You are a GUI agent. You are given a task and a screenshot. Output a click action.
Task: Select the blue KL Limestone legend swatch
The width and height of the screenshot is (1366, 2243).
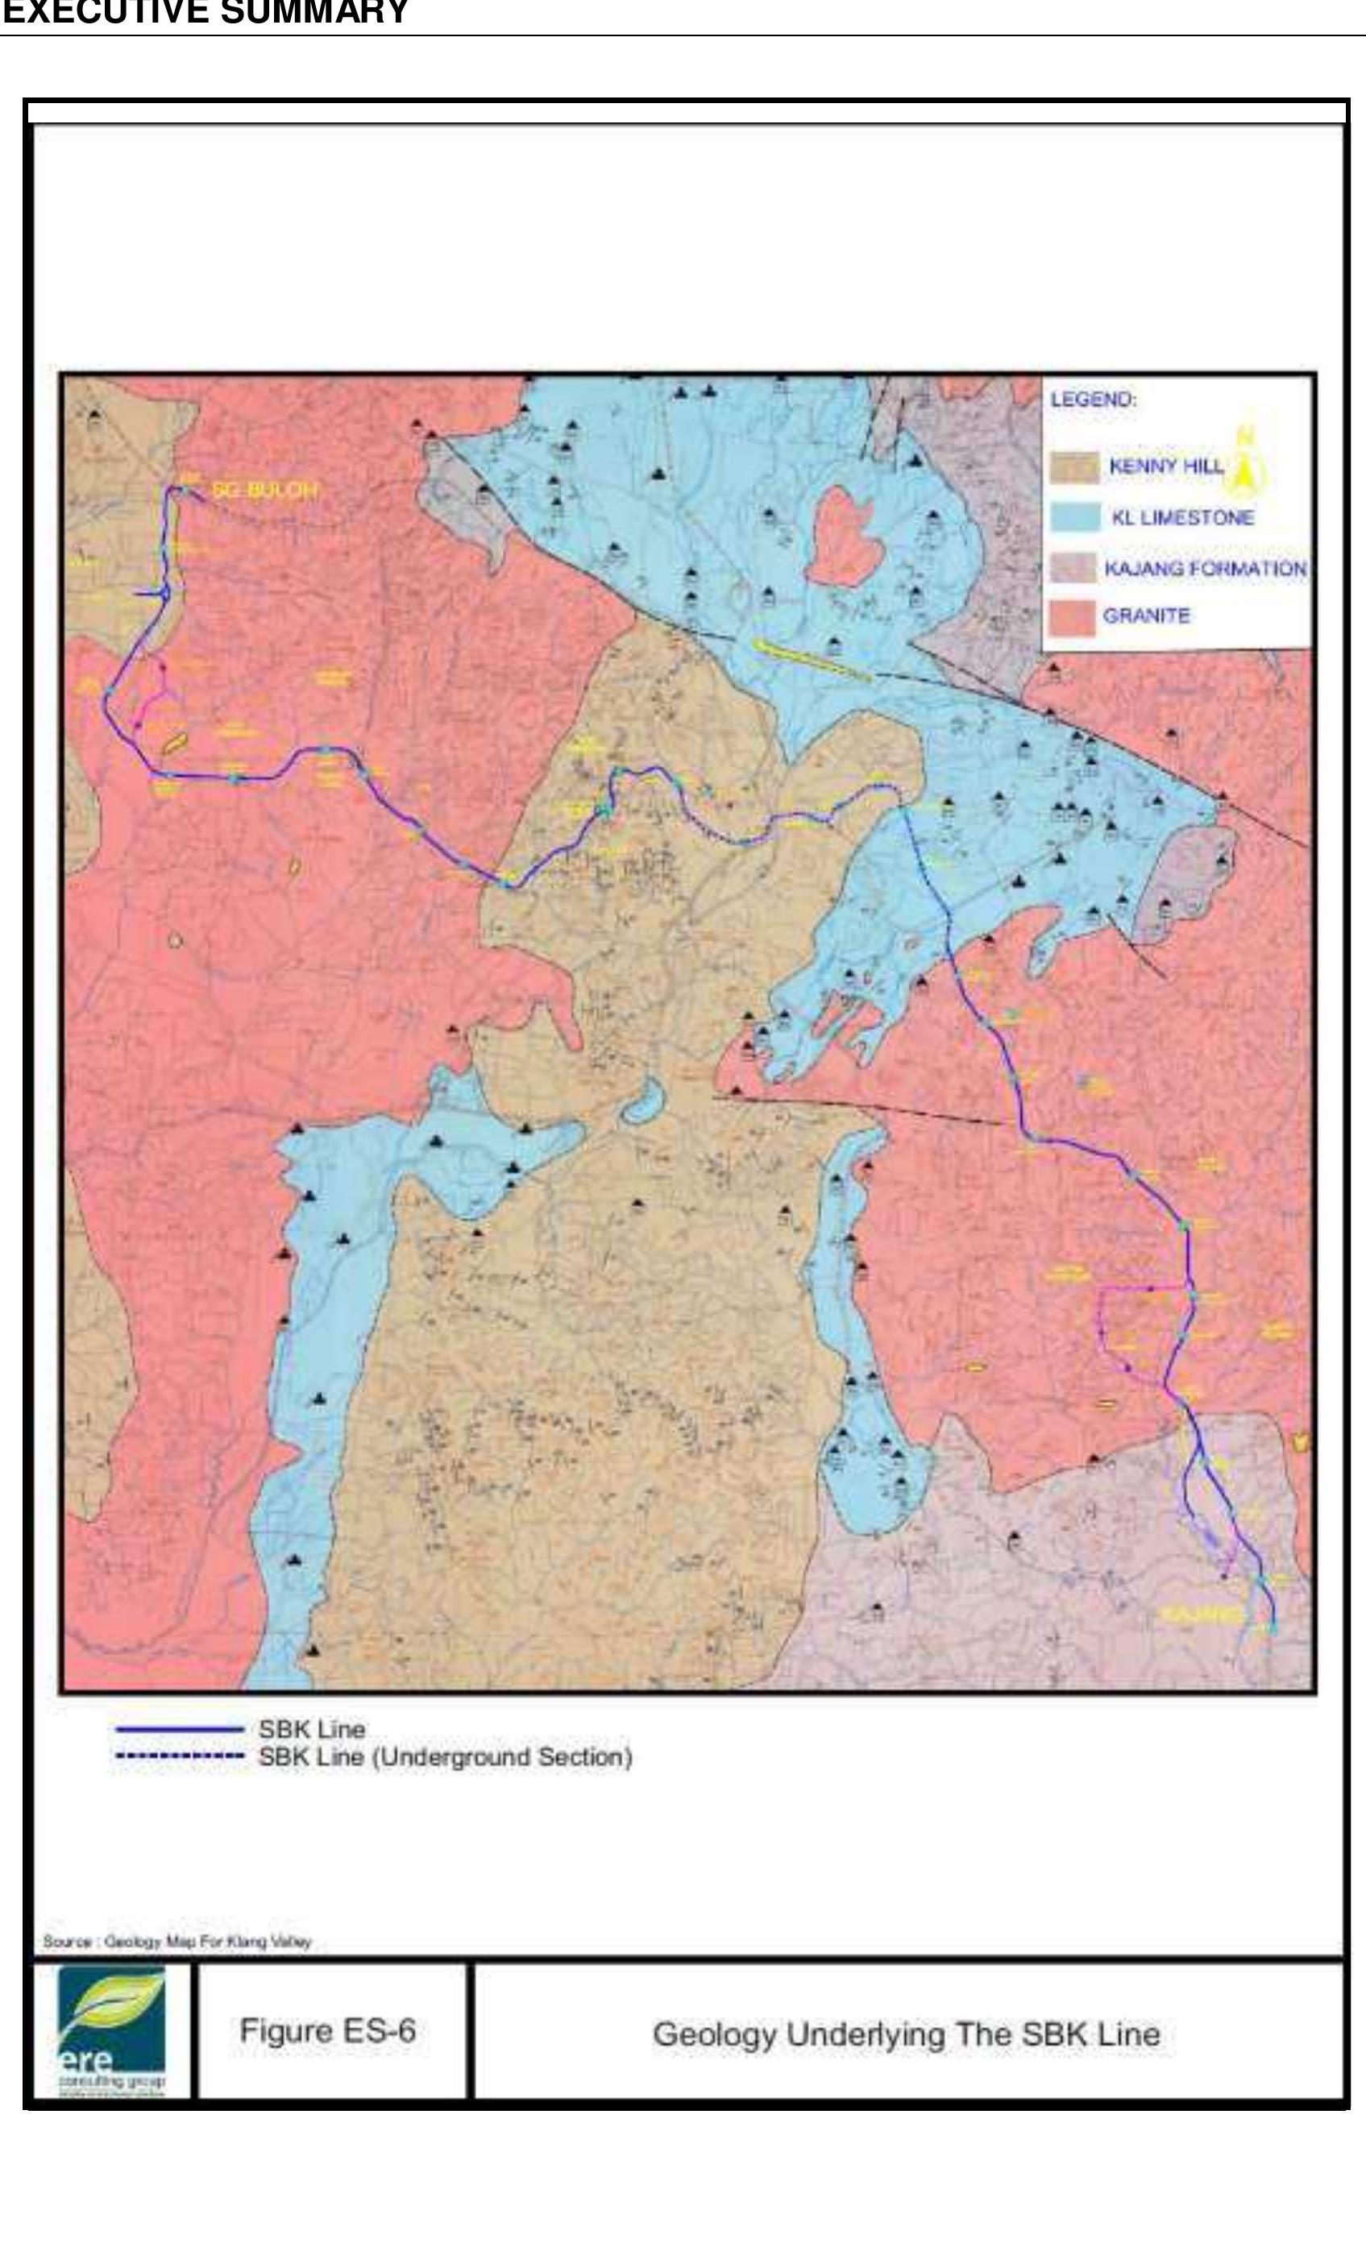coord(1074,517)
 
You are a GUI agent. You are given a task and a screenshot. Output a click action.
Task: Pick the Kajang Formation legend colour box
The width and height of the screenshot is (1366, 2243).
coord(1073,568)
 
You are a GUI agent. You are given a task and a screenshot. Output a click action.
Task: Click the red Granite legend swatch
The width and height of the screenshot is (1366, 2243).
coord(1072,616)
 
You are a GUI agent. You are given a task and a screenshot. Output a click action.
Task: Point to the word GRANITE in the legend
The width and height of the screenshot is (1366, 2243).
coord(1146,616)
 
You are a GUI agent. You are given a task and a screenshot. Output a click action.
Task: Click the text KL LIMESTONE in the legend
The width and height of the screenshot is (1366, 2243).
coord(1182,517)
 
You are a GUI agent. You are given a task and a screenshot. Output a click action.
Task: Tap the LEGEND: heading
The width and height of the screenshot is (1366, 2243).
coord(1093,400)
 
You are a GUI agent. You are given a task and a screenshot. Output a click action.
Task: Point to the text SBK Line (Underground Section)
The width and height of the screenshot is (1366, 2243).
coord(444,1757)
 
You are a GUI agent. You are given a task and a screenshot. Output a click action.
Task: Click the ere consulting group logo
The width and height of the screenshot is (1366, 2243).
coord(111,2030)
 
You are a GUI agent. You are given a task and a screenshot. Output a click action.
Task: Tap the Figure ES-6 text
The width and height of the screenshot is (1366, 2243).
coord(328,2031)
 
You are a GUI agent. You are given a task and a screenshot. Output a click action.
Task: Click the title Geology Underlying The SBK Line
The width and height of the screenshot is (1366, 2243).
coord(906,2034)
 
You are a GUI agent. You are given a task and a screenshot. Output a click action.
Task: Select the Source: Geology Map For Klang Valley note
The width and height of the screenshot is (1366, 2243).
coord(177,1942)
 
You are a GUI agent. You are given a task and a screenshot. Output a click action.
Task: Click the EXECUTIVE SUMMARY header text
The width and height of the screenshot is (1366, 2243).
coord(205,14)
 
